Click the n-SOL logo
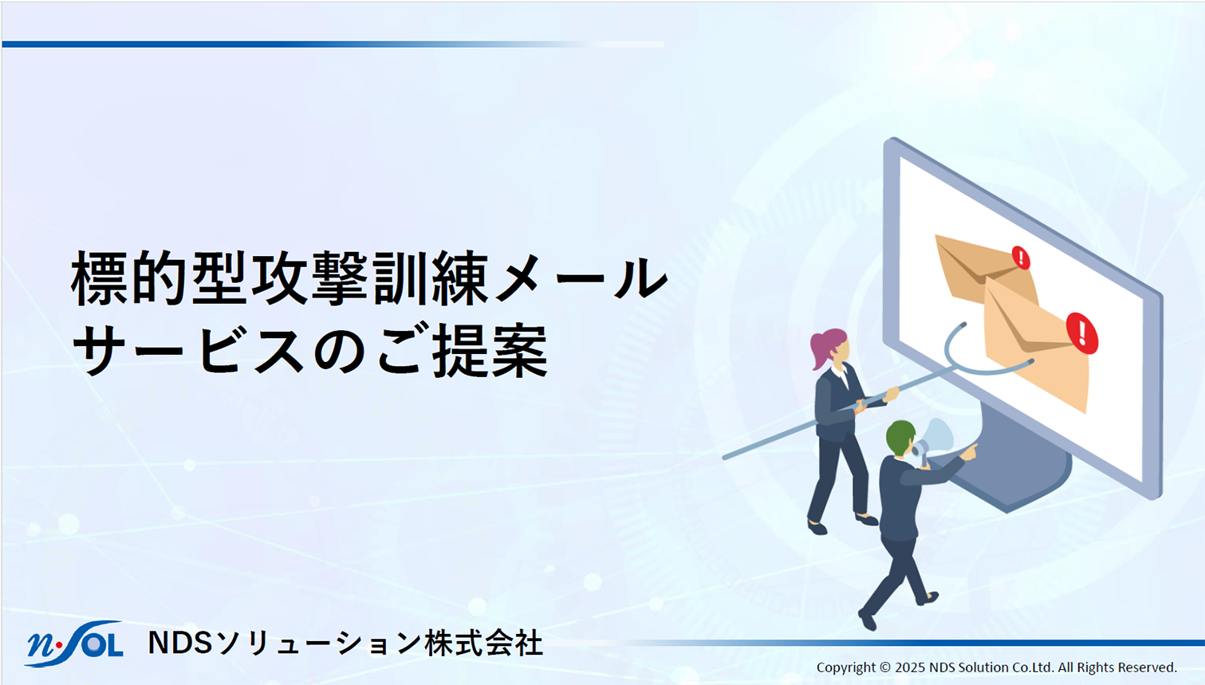pyautogui.click(x=73, y=644)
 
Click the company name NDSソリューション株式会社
pyautogui.click(x=345, y=643)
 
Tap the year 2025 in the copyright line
pyautogui.click(x=910, y=667)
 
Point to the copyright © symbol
pyautogui.click(x=885, y=667)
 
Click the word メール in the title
pyautogui.click(x=581, y=279)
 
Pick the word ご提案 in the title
pyautogui.click(x=463, y=350)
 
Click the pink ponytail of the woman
pyautogui.click(x=821, y=347)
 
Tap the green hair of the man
pyautogui.click(x=900, y=436)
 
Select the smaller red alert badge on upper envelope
pyautogui.click(x=1021, y=258)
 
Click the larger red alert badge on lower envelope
pyautogui.click(x=1082, y=333)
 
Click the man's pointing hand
pyautogui.click(x=970, y=451)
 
